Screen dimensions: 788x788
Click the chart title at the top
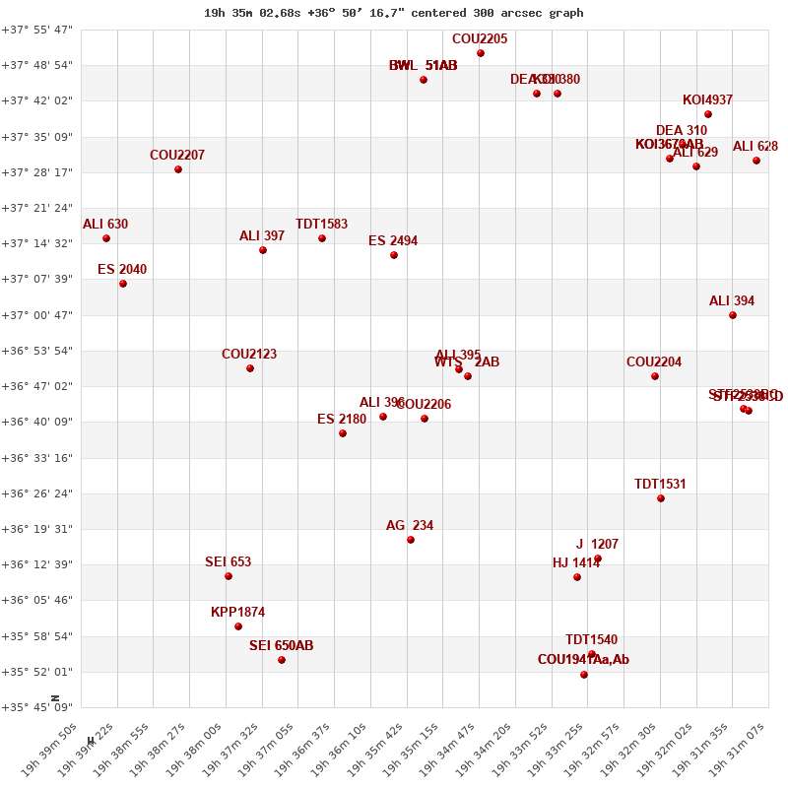(x=393, y=13)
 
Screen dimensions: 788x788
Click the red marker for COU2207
(x=178, y=169)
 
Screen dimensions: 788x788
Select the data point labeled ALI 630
(x=106, y=238)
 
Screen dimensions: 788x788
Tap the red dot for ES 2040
(x=123, y=284)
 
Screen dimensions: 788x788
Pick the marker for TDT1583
(x=322, y=238)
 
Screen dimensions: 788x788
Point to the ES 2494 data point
(x=394, y=255)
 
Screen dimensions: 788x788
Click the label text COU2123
(x=249, y=355)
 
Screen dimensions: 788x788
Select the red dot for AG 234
(x=411, y=540)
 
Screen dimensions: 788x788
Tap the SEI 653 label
(x=228, y=562)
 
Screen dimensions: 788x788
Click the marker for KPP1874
(x=238, y=626)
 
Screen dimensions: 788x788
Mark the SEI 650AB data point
(x=282, y=660)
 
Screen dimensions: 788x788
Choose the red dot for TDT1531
(x=661, y=498)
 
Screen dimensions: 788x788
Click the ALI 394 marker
(x=733, y=315)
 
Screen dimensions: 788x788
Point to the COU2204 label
(x=654, y=362)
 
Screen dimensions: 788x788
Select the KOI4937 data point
(x=708, y=114)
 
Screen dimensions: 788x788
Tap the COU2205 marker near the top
(x=481, y=53)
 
